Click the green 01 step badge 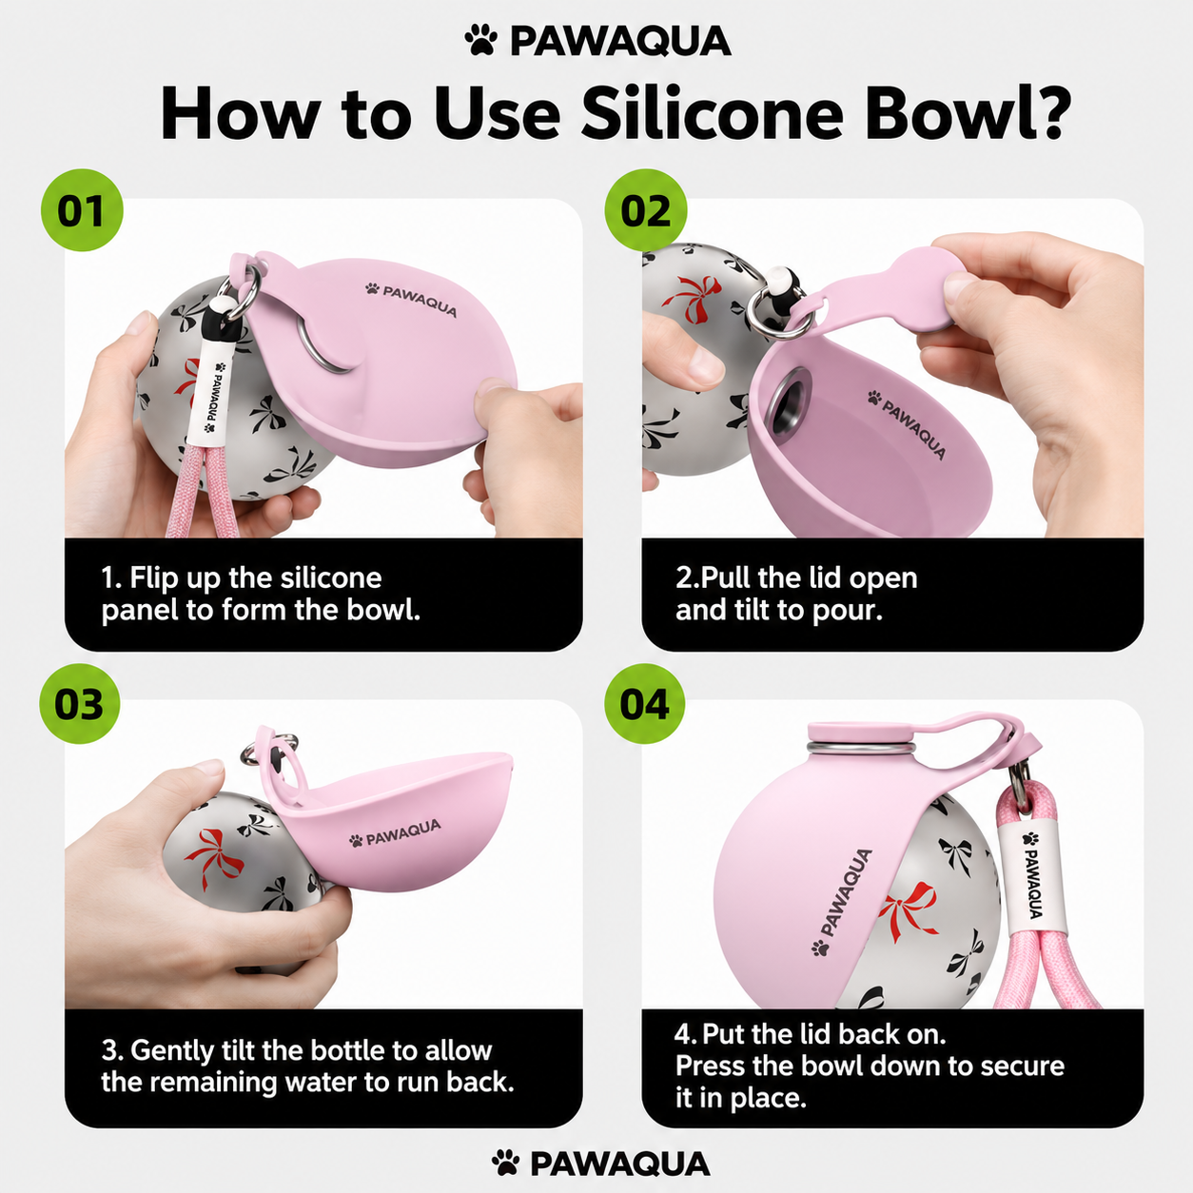pyautogui.click(x=83, y=210)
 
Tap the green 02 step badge pyautogui.click(x=646, y=210)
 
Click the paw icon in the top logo pyautogui.click(x=481, y=40)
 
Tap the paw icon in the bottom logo pyautogui.click(x=506, y=1162)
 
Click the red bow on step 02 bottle pyautogui.click(x=692, y=299)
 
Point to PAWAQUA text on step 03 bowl pyautogui.click(x=395, y=833)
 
